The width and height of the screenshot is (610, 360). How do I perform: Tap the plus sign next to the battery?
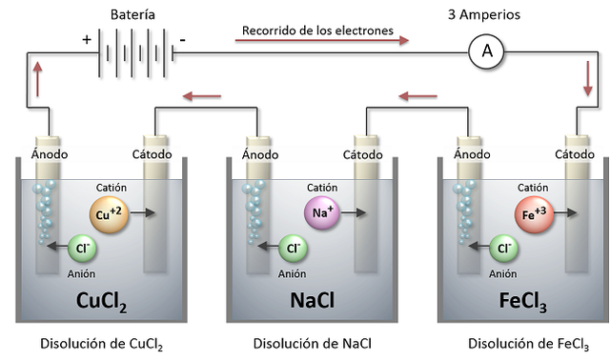(88, 40)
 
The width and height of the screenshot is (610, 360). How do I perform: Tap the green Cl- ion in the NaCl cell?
(292, 248)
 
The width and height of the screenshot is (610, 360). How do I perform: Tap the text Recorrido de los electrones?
(317, 30)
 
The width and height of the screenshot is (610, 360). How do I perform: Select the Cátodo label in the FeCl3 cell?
(574, 153)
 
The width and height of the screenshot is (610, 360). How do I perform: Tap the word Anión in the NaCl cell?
(293, 273)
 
